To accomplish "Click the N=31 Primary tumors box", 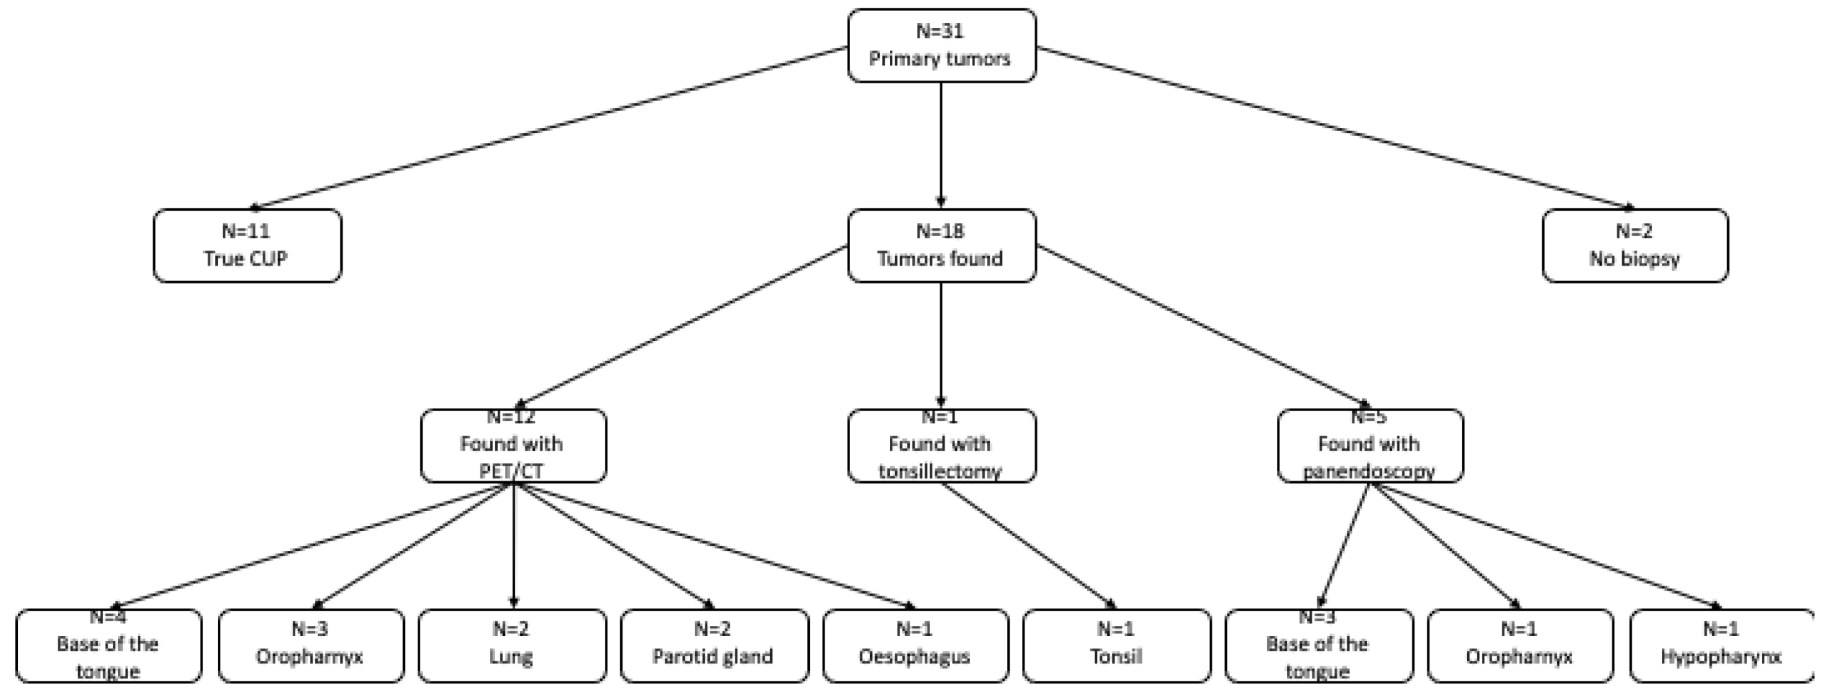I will (941, 45).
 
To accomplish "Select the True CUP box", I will (247, 245).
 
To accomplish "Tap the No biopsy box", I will (1634, 245).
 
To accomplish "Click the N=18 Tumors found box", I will (941, 245).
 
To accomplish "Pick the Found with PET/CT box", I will (513, 446).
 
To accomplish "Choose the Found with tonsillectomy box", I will (941, 446).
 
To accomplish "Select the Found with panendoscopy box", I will (1370, 446).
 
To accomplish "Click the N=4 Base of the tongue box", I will (108, 645).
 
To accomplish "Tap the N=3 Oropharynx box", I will (311, 645).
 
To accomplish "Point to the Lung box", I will (512, 645).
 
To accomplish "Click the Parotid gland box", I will (714, 645).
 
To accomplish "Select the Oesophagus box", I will (915, 645).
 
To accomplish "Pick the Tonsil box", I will (1116, 645).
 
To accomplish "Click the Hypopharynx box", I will (1721, 645).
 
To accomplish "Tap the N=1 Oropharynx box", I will (1520, 645).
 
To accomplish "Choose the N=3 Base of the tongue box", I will (1318, 645).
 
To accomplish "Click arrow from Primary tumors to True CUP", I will (547, 128).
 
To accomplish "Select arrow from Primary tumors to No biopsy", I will (1336, 128).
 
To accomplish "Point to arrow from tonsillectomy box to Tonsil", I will (1028, 546).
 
